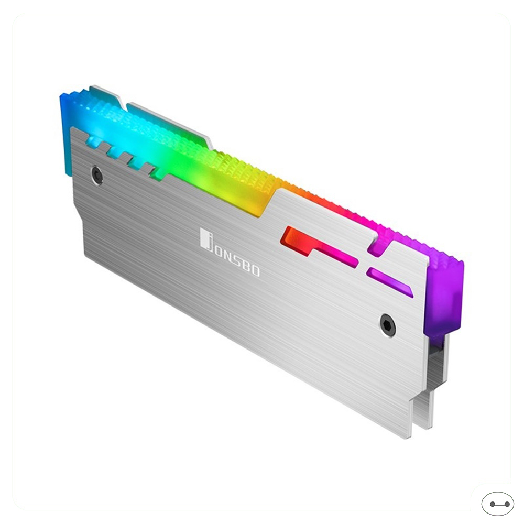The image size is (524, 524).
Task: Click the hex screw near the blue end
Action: [x=97, y=175]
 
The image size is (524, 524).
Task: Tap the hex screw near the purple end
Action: [x=388, y=325]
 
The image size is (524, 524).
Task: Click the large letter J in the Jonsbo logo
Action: [x=206, y=239]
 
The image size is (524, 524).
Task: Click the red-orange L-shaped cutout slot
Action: [x=314, y=246]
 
